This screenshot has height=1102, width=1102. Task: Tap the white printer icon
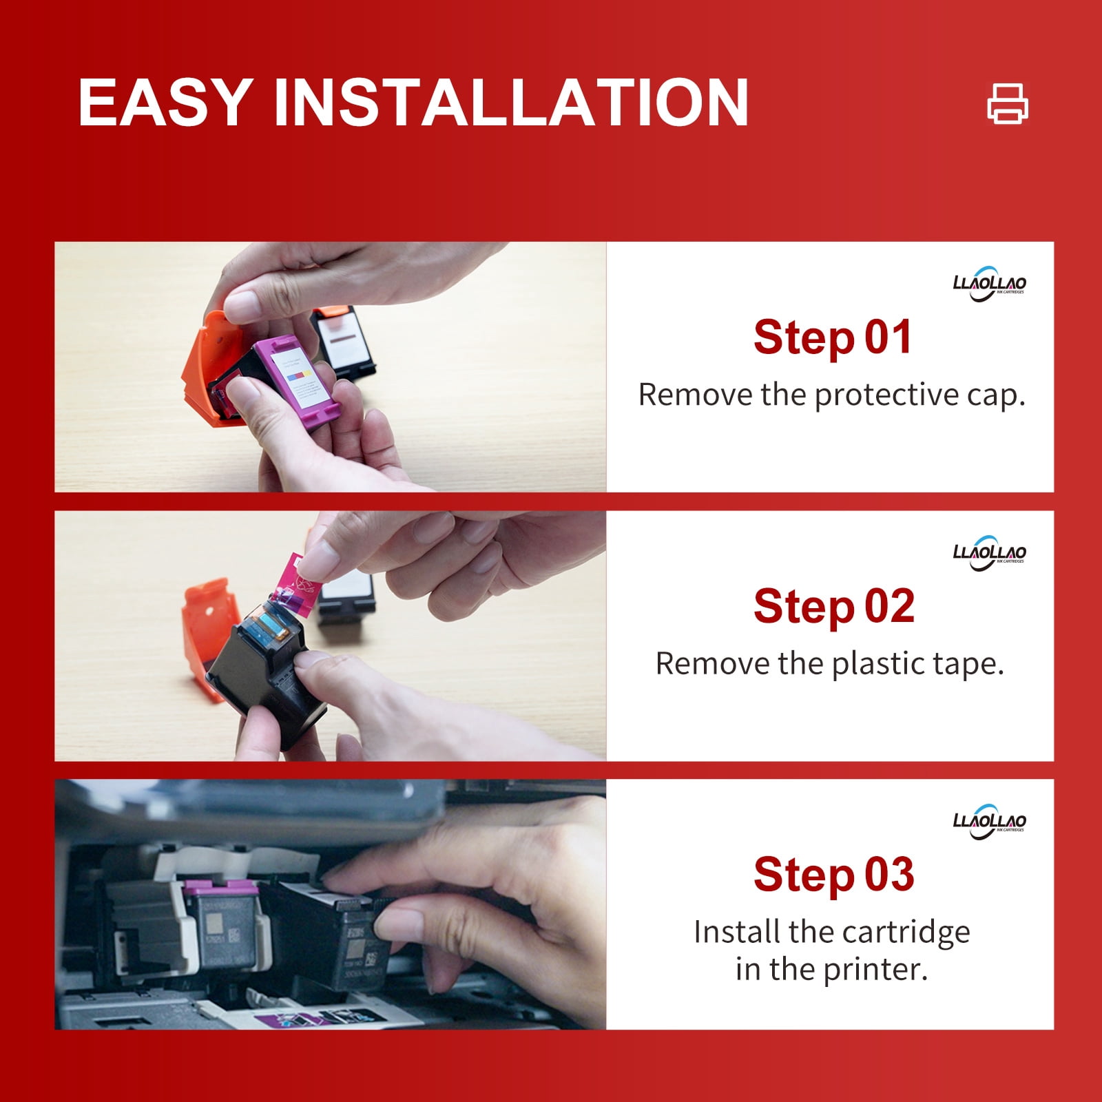click(1008, 103)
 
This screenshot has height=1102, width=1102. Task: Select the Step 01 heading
click(833, 337)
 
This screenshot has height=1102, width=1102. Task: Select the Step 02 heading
click(834, 606)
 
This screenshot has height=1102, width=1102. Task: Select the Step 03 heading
click(834, 875)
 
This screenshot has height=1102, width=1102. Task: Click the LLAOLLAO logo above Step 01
click(990, 283)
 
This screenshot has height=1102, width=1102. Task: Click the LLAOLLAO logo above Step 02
click(990, 552)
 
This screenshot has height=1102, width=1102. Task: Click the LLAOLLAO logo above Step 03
click(990, 821)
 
